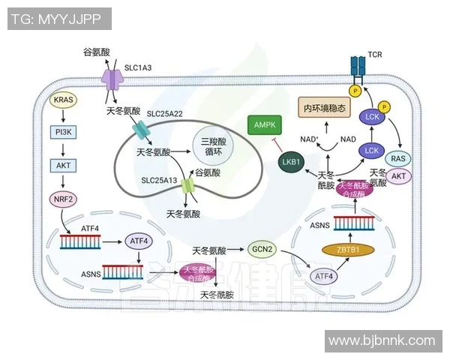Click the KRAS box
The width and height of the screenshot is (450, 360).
click(x=63, y=100)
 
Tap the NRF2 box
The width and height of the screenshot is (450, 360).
click(x=63, y=199)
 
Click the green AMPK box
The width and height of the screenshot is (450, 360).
click(x=264, y=125)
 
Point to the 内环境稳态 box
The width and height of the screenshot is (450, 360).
click(x=324, y=109)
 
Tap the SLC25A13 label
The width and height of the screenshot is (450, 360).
click(x=160, y=180)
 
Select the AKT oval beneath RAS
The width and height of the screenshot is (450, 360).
click(x=399, y=177)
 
